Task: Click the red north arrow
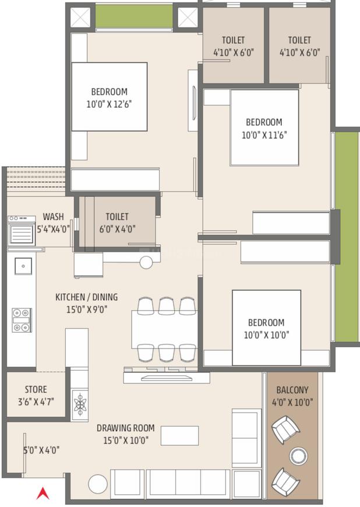point(42,493)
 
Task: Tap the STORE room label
point(36,389)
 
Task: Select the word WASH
point(53,217)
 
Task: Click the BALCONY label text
point(292,390)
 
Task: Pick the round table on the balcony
point(299,455)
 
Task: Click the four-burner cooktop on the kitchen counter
point(22,320)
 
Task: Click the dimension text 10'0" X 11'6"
point(264,135)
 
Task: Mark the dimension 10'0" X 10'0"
point(266,335)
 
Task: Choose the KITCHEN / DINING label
point(82,297)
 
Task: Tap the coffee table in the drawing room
point(179,435)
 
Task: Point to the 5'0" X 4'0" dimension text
point(41,450)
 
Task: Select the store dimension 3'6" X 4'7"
point(36,402)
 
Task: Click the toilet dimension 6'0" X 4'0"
point(117,229)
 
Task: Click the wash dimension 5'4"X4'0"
point(53,229)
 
